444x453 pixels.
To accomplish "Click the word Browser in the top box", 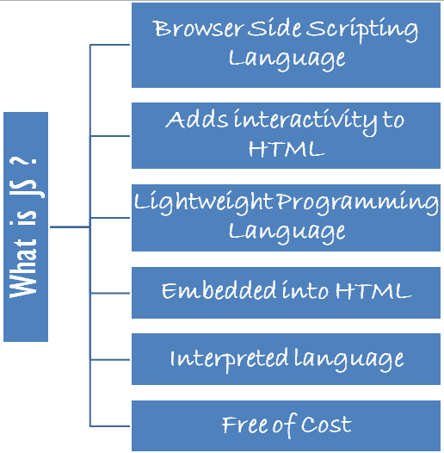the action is pos(198,29).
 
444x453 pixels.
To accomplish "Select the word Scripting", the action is pos(362,30).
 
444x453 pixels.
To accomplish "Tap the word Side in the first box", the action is pos(275,28).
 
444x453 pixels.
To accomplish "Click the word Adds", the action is pos(197,120).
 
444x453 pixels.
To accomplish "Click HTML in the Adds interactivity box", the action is pos(287,149).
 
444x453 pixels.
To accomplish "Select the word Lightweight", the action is pos(204,203).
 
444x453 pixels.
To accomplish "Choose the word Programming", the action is pos(358,203).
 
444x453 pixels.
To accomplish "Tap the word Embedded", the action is pos(219,290).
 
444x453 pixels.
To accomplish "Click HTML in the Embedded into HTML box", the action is pos(373,290).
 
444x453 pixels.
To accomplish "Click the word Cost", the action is pos(326,425).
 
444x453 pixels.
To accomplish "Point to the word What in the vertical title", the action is pos(23,268).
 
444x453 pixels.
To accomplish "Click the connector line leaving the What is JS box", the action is pos(70,227).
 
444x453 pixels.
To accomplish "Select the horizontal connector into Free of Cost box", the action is pos(110,425).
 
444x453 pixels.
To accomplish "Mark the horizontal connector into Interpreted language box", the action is pos(110,360).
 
